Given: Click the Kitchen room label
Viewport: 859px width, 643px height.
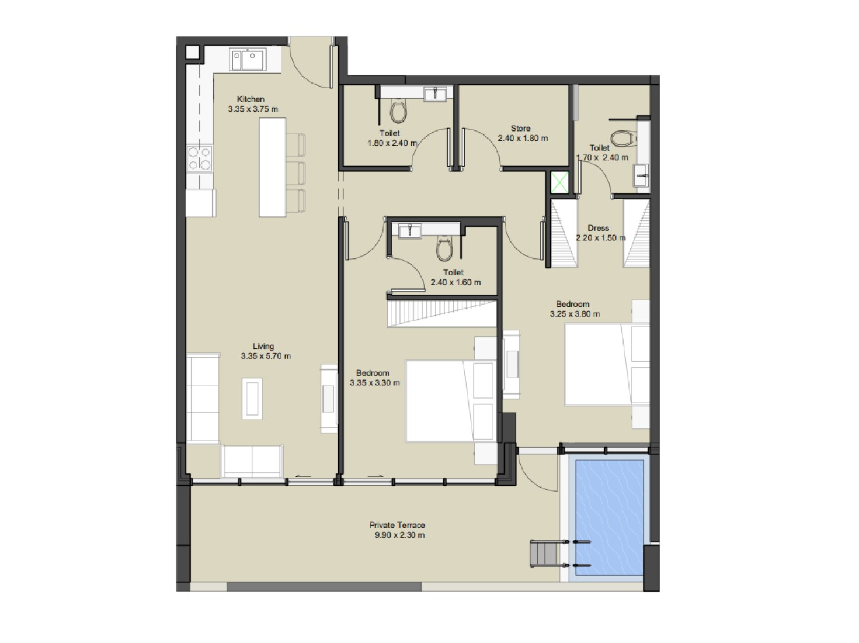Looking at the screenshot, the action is (251, 99).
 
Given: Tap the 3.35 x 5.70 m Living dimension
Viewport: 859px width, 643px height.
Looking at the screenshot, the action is (266, 356).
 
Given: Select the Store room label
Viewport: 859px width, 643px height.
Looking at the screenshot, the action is (520, 129).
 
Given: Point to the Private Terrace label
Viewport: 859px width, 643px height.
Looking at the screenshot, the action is (397, 525).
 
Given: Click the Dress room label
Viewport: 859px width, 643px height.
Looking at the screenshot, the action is (598, 228).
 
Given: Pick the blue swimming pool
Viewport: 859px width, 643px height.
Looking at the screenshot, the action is (609, 518).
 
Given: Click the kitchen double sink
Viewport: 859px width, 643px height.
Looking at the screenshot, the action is (248, 59).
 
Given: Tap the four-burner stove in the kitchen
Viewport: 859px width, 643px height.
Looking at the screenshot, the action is (199, 158).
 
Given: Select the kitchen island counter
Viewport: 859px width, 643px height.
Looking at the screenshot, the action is (272, 167).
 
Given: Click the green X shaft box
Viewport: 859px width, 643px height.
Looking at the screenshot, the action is (559, 182).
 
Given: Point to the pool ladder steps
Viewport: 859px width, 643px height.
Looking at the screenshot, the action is (543, 554).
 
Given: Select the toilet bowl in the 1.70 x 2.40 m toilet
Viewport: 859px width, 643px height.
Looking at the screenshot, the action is (622, 139).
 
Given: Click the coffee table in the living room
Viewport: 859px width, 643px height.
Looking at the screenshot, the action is (252, 399).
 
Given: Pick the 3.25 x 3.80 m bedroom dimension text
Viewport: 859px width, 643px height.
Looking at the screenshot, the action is (575, 314).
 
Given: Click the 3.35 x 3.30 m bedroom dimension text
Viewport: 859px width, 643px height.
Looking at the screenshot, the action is (374, 383).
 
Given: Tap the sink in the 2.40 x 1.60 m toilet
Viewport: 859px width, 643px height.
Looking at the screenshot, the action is (410, 231).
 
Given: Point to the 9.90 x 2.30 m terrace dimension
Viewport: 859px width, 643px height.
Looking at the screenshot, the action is (399, 535).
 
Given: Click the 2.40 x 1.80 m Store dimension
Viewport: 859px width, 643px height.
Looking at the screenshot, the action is (523, 138).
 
